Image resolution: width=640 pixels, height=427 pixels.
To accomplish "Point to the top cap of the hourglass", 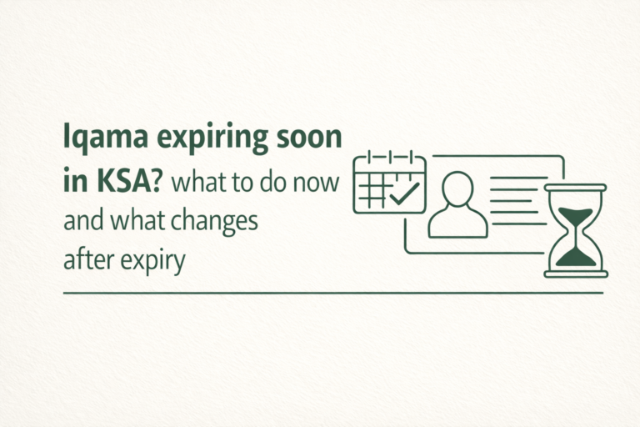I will click(x=575, y=188).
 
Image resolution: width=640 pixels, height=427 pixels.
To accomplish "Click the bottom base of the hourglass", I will click(x=575, y=273).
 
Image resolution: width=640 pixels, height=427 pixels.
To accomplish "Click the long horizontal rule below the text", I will click(x=332, y=293).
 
